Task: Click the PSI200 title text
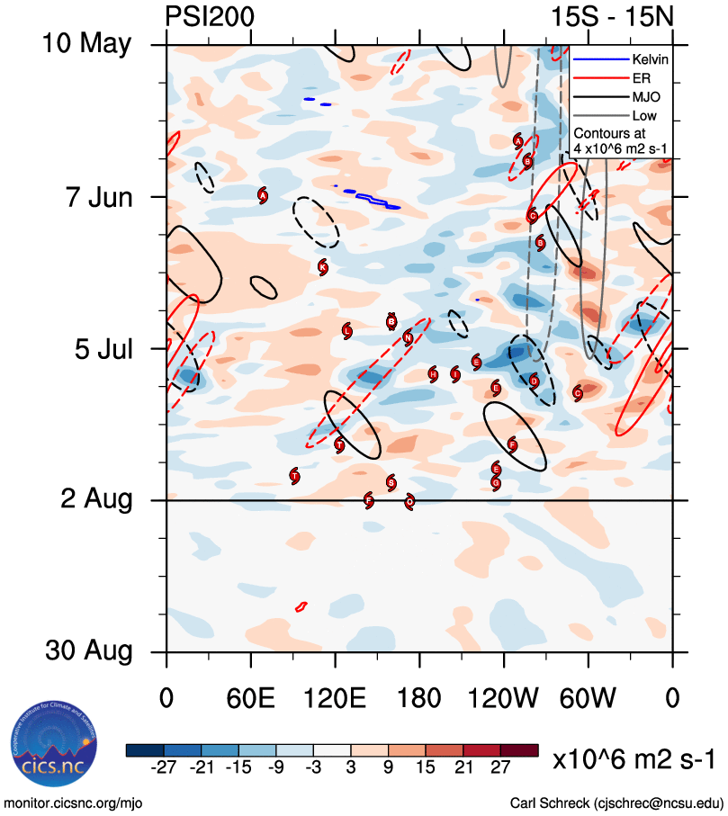coord(210,16)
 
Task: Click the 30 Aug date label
coord(88,650)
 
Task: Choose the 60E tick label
coord(250,698)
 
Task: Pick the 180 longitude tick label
coord(419,698)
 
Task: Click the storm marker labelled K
coord(322,266)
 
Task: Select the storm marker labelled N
coord(409,337)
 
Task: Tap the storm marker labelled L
coord(347,331)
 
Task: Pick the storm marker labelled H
coord(433,373)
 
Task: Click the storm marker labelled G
coord(496,482)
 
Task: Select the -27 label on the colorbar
coord(161,766)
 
